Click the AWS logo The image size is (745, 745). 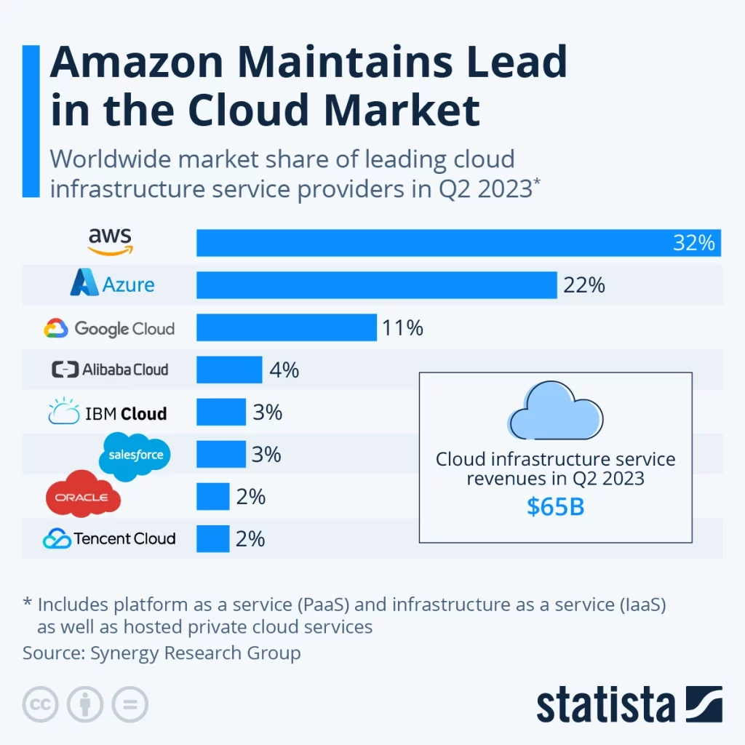pos(111,241)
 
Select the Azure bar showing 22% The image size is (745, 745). pos(376,284)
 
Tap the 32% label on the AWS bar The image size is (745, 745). pos(693,243)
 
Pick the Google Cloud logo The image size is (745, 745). pos(109,329)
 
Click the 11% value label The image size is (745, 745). pos(402,328)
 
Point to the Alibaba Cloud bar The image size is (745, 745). pos(228,370)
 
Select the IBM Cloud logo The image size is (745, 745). pos(107,413)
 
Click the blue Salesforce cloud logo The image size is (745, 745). pos(135,455)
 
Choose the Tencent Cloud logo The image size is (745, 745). pos(109,539)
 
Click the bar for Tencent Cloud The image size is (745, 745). pos(212,539)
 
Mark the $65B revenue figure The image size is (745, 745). pos(555,507)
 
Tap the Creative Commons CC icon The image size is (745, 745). pos(41,704)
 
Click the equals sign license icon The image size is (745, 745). pos(130,704)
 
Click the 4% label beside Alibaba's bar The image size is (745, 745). pos(284,370)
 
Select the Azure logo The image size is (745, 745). pos(112,283)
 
